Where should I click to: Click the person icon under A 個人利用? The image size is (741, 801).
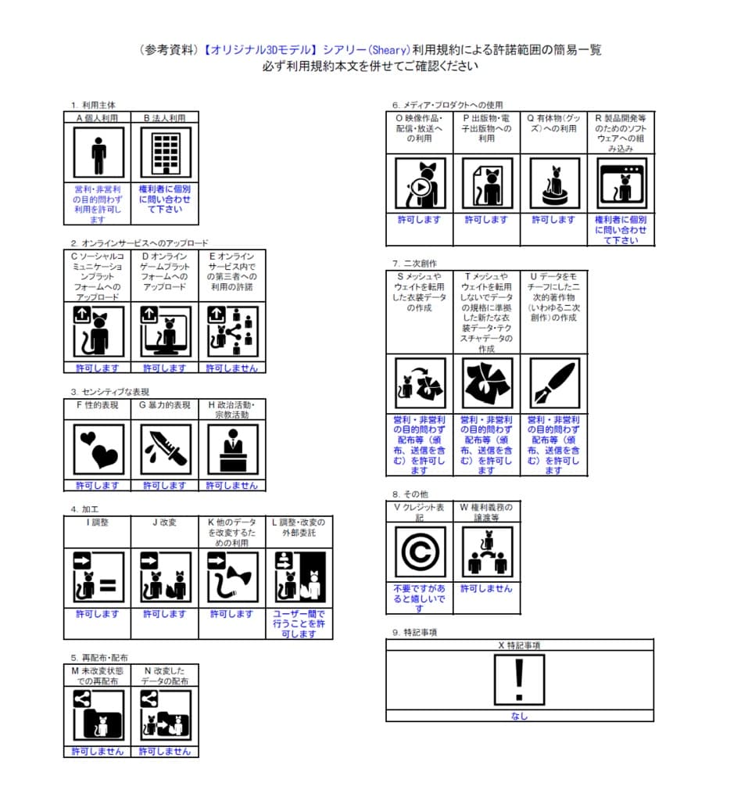tap(98, 154)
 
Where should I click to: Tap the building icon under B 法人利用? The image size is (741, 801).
tap(165, 154)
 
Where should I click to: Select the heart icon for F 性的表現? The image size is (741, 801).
tap(98, 450)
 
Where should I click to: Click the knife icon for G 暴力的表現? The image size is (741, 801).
tap(165, 450)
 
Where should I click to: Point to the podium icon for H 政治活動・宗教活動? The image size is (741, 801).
tap(231, 450)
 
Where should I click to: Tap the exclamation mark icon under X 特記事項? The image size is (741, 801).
tap(519, 680)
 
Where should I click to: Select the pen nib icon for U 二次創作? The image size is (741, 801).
tap(553, 384)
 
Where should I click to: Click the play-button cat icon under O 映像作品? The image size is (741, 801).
tap(420, 184)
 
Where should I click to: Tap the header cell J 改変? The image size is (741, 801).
tap(165, 522)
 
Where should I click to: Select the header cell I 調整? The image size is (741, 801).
tap(98, 522)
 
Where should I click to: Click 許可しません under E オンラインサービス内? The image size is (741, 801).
tap(231, 368)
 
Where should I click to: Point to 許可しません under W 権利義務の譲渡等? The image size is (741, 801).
tap(486, 588)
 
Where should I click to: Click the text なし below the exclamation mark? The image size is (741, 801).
tap(519, 716)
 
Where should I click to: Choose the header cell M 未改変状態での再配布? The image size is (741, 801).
tap(98, 676)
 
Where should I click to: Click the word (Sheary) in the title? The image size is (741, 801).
tap(385, 49)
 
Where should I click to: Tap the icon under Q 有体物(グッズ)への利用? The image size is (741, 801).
tap(553, 184)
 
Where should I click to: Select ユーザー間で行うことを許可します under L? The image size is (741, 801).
tap(299, 623)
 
